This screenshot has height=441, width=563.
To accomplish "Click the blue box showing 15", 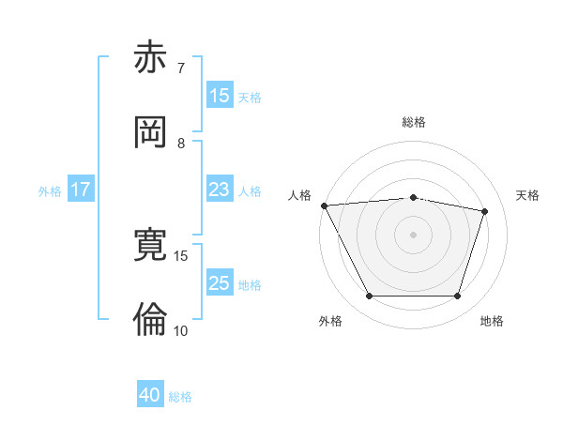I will point(220,95).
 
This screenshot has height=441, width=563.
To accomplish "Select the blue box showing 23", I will point(220,190).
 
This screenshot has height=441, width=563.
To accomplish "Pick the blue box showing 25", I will point(220,283).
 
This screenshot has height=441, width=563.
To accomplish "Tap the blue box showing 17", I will point(81,190).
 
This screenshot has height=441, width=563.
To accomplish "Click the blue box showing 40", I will point(150,396).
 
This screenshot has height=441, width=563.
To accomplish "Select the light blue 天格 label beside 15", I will point(250,97).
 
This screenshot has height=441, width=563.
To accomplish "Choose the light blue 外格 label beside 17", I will point(50,190).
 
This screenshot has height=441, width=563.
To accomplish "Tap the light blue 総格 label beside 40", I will point(180,397).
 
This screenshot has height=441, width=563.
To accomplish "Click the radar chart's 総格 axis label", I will point(413,122).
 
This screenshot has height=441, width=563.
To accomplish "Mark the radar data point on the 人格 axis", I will point(324,205).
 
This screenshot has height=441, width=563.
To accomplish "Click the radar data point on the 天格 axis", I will point(484,211).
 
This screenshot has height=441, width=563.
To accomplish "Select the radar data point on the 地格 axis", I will point(457,296).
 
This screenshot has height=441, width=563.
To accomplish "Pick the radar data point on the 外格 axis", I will point(369,297).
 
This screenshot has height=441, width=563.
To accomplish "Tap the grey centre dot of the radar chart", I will point(413,235).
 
